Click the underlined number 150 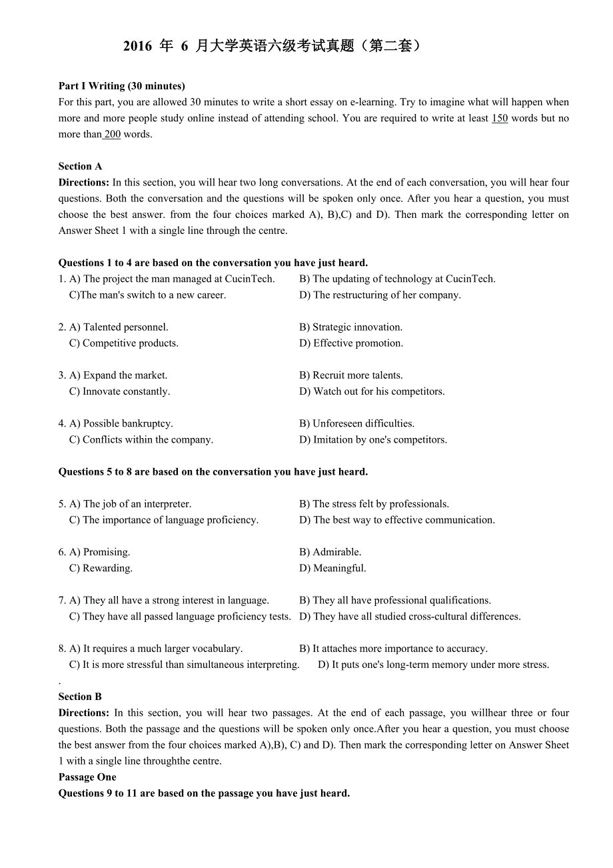point(499,119)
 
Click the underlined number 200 point(112,135)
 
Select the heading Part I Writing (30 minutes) point(121,86)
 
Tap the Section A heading point(80,167)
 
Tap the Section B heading point(80,697)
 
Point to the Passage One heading point(87,777)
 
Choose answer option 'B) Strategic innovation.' point(350,327)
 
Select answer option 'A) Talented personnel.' point(119,327)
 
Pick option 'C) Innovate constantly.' point(119,391)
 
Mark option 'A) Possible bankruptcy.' point(121,423)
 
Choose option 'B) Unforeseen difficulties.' point(356,423)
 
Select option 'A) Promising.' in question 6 point(99,552)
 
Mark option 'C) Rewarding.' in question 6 point(101,568)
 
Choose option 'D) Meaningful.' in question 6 point(332,568)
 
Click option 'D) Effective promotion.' point(351,343)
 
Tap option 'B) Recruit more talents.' point(350,375)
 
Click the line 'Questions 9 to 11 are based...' point(204,793)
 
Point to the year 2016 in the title point(138,47)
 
